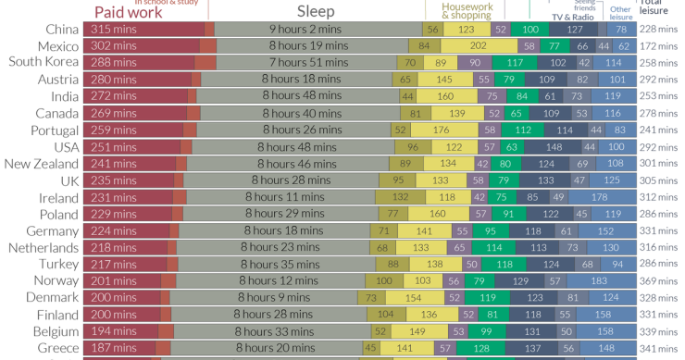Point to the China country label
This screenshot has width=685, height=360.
pos(60,30)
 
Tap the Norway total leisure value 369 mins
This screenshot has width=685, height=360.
pos(661,281)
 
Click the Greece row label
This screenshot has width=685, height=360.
pos(57,348)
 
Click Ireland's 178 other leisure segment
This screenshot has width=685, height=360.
pos(601,197)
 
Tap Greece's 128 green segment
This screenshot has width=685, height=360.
pos(480,348)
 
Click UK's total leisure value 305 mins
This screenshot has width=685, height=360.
pos(661,180)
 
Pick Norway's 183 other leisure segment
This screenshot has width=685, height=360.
pos(599,281)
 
